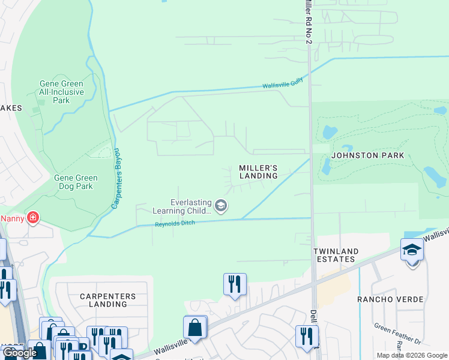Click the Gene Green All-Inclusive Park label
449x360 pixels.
[61, 92]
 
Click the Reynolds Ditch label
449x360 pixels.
[175, 224]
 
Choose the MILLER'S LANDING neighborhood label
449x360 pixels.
[258, 172]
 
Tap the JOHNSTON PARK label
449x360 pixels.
[366, 155]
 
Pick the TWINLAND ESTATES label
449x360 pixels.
[336, 255]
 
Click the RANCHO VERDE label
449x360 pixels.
[390, 299]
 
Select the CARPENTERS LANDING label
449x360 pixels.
[104, 300]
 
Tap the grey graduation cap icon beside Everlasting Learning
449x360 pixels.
[221, 206]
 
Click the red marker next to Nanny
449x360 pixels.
[33, 217]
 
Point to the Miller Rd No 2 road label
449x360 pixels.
[308, 21]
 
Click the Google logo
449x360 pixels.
[19, 353]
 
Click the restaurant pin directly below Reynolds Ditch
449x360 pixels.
[235, 284]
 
